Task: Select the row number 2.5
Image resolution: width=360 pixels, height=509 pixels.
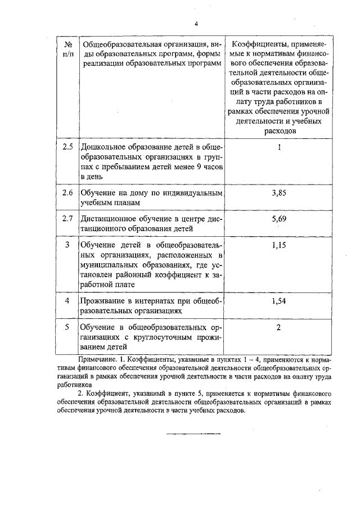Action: pyautogui.click(x=67, y=147)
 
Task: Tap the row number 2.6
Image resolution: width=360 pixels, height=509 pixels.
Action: pyautogui.click(x=67, y=193)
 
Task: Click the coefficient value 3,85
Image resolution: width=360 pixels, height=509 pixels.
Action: pyautogui.click(x=279, y=193)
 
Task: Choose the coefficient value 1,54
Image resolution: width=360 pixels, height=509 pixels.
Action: pyautogui.click(x=279, y=301)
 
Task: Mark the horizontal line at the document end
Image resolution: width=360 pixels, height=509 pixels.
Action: pyautogui.click(x=192, y=434)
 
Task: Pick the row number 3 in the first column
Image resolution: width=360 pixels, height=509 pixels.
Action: pyautogui.click(x=67, y=245)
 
